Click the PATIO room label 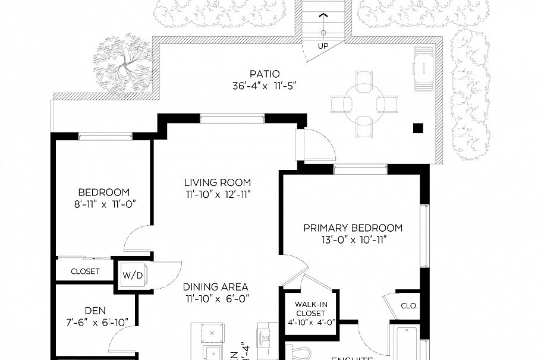[x=265, y=74]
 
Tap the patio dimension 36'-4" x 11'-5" [x=265, y=86]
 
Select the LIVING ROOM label [x=217, y=182]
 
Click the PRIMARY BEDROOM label [x=353, y=228]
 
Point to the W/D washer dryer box [x=131, y=276]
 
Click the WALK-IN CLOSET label [x=310, y=309]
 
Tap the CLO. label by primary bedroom [x=410, y=307]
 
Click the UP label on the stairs [x=323, y=45]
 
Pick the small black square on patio [x=419, y=127]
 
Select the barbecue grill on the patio [x=424, y=70]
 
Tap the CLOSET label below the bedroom [x=85, y=271]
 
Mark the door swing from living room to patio [x=320, y=145]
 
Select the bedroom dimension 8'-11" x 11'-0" [x=103, y=204]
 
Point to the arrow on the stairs [x=323, y=15]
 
